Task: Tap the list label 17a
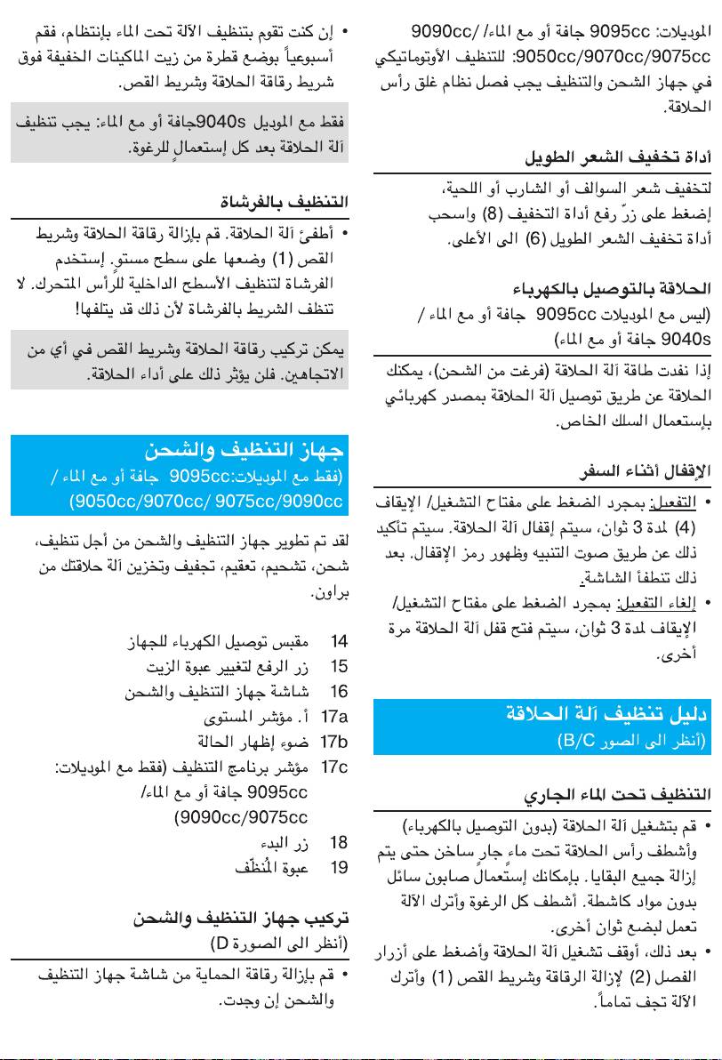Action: tap(333, 716)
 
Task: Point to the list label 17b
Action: tap(333, 741)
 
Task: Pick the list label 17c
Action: tap(333, 766)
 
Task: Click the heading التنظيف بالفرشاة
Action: tap(284, 201)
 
